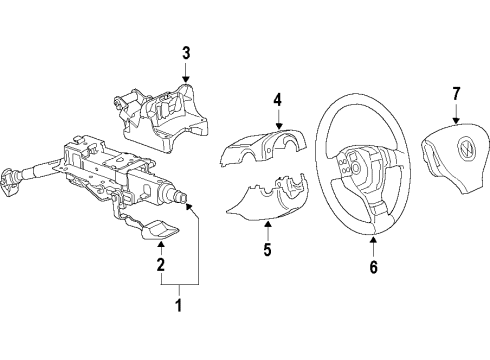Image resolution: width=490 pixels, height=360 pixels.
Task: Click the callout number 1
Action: [x=179, y=305]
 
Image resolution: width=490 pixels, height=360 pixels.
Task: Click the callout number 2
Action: [x=161, y=264]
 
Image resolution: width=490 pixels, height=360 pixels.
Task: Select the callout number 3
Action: [x=186, y=53]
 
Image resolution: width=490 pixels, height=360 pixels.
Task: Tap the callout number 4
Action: [x=278, y=100]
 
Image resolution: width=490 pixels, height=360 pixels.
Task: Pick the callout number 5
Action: [x=267, y=249]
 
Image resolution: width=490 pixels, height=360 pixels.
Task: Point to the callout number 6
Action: [x=374, y=267]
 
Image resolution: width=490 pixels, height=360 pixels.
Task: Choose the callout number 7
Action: [x=456, y=94]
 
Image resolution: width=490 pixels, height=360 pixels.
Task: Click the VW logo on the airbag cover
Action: [x=464, y=151]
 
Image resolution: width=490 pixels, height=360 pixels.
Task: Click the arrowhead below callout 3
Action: [x=186, y=79]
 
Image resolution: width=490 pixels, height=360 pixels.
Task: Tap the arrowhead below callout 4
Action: [x=279, y=126]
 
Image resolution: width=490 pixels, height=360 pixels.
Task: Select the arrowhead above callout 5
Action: [x=267, y=224]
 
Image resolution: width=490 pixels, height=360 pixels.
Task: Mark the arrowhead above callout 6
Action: [x=373, y=239]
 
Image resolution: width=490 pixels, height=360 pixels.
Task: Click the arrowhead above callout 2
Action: [x=161, y=245]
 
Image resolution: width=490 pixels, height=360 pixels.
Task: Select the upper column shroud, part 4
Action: [x=263, y=147]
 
